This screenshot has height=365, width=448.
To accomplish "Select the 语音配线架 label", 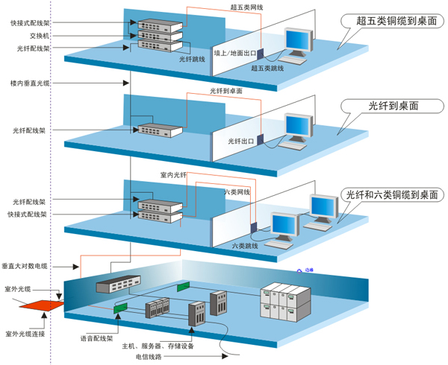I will click(x=96, y=337).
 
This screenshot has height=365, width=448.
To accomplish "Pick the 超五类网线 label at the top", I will click(x=246, y=7).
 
